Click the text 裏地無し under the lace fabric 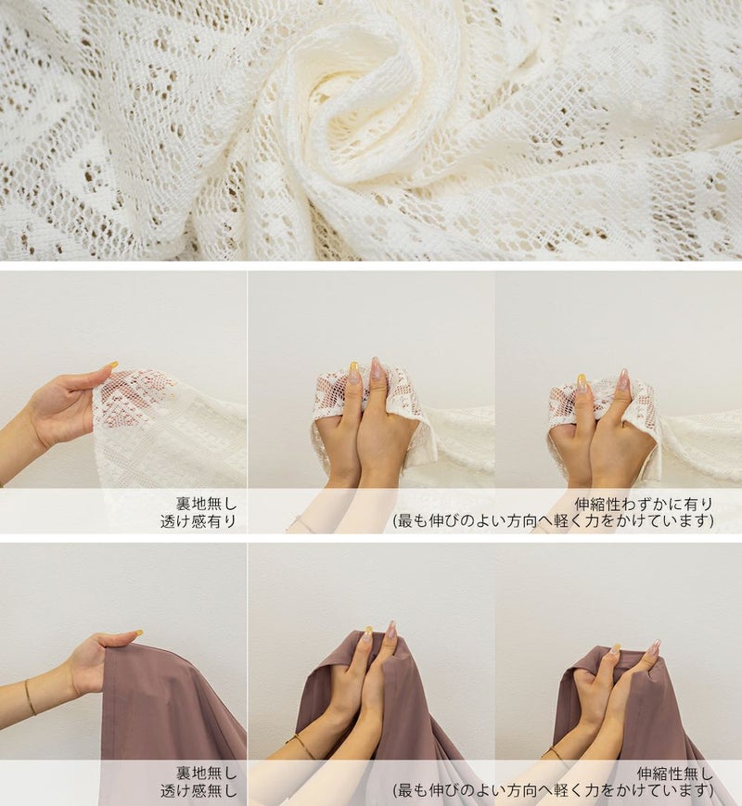pos(206,504)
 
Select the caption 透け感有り pos(198,521)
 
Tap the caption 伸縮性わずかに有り pos(644,504)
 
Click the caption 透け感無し pos(198,790)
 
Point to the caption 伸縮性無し pos(675,774)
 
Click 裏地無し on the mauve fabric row pos(206,774)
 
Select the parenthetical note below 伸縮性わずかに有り pos(554,521)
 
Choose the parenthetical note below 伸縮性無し pos(554,790)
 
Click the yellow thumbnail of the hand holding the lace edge pos(111,365)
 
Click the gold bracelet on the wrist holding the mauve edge pos(31,697)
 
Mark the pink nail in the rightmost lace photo pos(623,377)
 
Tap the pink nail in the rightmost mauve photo pos(655,647)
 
